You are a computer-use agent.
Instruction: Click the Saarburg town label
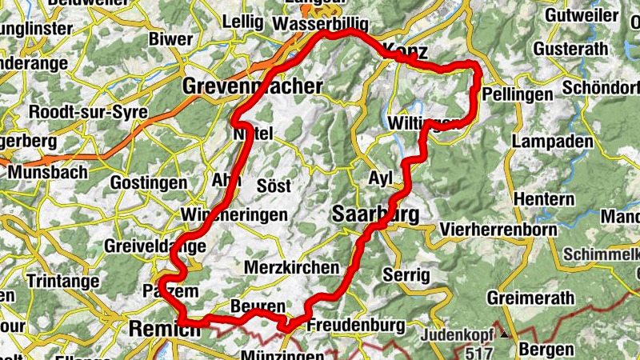[x=373, y=214]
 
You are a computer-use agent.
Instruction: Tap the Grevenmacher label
[x=253, y=86]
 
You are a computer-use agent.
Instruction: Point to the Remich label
[x=162, y=328]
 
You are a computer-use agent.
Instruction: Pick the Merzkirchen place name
[x=292, y=267]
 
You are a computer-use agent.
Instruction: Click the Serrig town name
[x=406, y=274]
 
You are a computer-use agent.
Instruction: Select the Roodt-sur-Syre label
[x=88, y=112]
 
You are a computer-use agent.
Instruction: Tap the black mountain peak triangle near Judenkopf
[x=505, y=334]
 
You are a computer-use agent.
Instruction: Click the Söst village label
[x=274, y=185]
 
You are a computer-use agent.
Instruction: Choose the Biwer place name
[x=170, y=38]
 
